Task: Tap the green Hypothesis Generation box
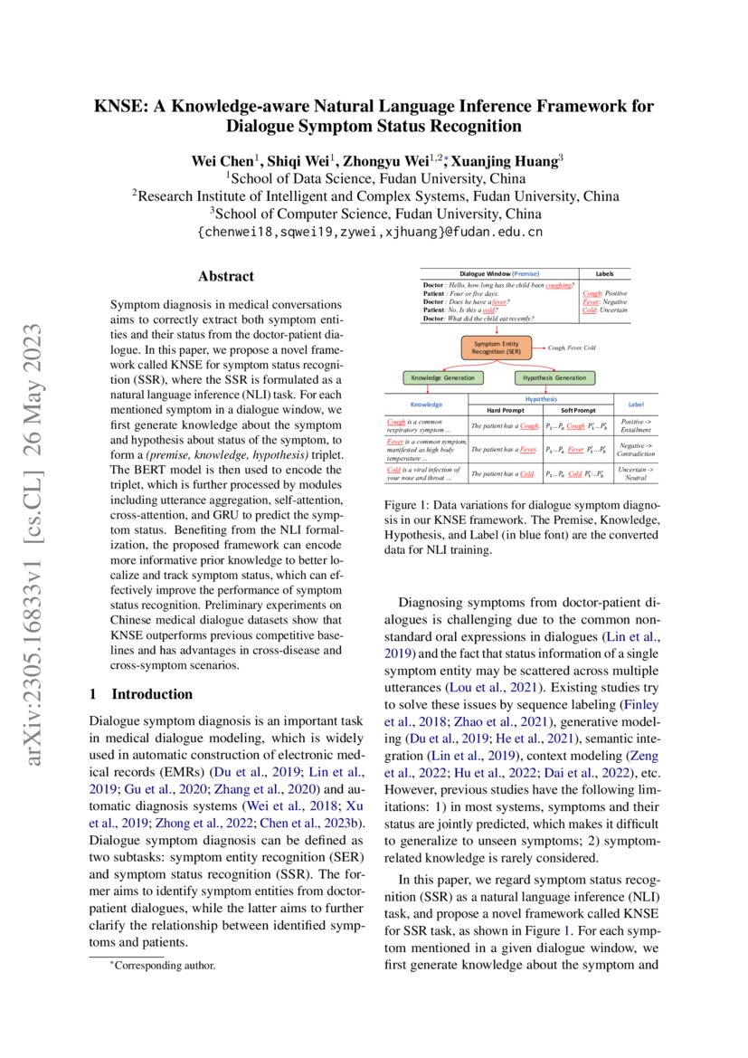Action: (x=555, y=377)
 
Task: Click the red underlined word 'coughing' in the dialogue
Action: (x=560, y=285)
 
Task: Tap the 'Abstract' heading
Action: (x=226, y=276)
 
